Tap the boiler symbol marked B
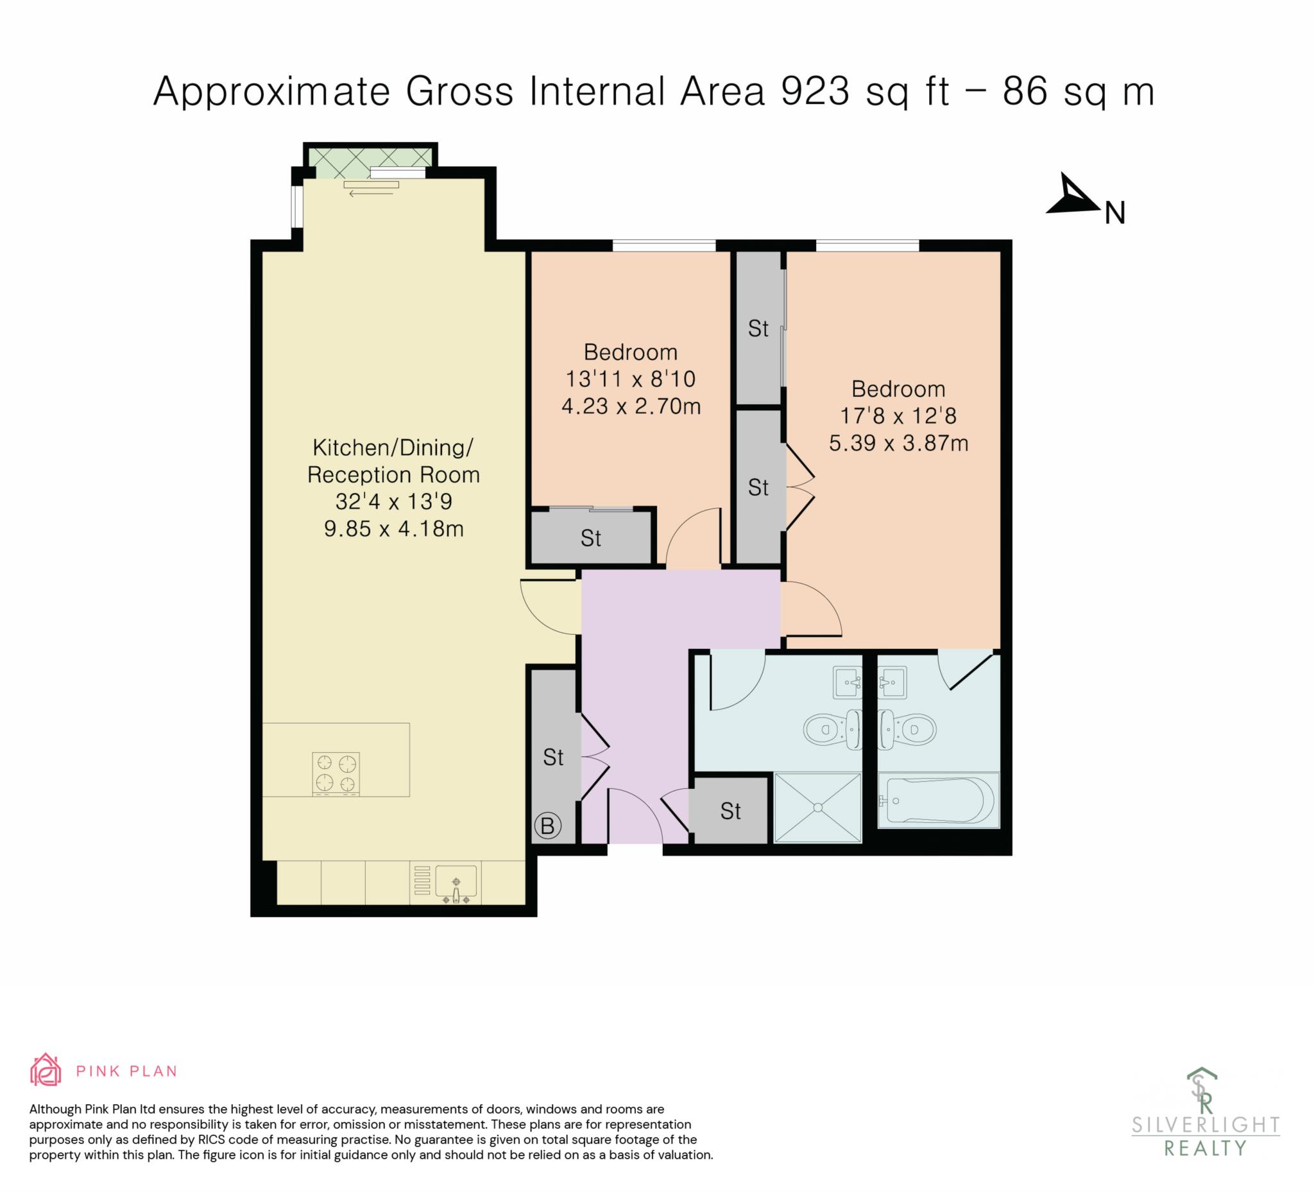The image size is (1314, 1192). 547,826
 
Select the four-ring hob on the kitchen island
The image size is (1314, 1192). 336,774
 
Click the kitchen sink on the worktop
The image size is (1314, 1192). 456,883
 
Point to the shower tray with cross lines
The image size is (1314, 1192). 817,808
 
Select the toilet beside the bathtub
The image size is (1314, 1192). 908,729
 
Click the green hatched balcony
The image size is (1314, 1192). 370,157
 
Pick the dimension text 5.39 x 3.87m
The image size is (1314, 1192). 898,444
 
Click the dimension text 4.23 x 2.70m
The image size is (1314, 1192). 631,406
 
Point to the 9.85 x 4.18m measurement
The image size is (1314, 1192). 394,528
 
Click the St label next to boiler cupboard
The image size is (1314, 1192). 553,757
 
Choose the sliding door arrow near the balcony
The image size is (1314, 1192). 370,194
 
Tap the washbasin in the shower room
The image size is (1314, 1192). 848,683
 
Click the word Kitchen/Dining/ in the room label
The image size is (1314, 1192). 393,447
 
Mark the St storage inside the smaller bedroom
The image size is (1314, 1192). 591,538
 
